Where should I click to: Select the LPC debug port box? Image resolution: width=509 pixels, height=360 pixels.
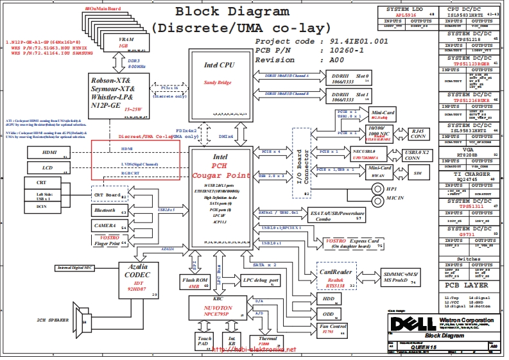[261, 280]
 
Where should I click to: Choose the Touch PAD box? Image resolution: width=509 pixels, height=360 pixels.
[204, 341]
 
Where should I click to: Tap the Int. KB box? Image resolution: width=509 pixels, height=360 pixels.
[232, 341]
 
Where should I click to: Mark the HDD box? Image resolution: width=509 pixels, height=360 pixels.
[329, 299]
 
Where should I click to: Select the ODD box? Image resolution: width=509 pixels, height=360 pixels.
[329, 314]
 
